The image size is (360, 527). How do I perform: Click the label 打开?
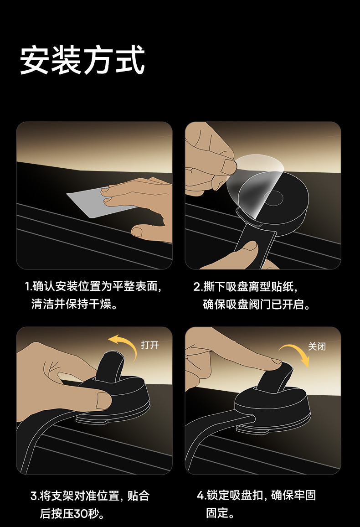click(149, 345)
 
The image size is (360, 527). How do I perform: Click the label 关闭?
click(317, 346)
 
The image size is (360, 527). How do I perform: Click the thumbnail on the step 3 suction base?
click(104, 400)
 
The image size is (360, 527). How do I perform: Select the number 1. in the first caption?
click(28, 286)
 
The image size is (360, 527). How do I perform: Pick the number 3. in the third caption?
click(35, 496)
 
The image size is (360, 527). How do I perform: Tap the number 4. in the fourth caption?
click(201, 495)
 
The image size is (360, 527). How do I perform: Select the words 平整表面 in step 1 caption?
click(134, 286)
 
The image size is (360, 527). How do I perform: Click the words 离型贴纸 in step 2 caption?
click(271, 287)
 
